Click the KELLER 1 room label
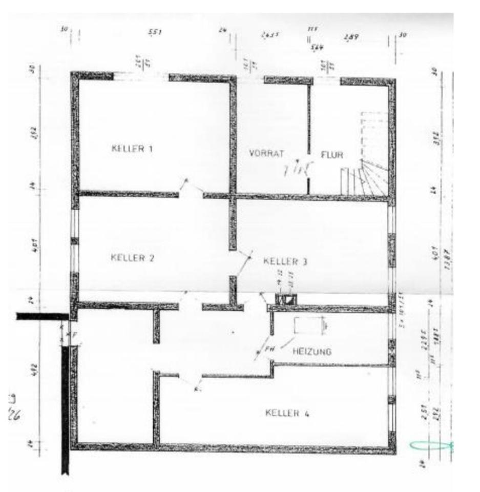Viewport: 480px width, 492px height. click(132, 149)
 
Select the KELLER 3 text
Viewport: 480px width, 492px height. click(285, 261)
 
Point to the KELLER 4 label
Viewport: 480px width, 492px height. click(287, 413)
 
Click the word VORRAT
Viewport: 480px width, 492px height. click(266, 153)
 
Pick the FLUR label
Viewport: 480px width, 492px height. click(332, 154)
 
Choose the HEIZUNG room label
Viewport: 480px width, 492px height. click(311, 352)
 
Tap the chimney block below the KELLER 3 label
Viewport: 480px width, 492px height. click(286, 300)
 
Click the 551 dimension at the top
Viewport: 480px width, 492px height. click(155, 32)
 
